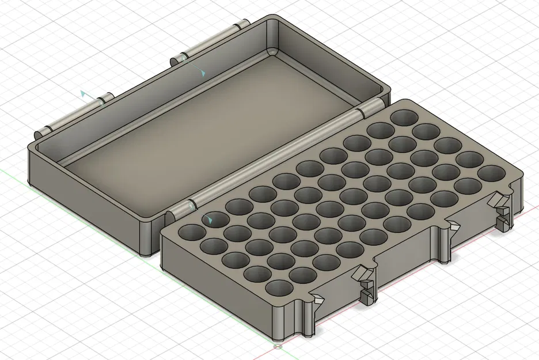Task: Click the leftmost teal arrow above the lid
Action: (84, 93)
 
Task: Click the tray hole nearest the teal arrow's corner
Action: (191, 233)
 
